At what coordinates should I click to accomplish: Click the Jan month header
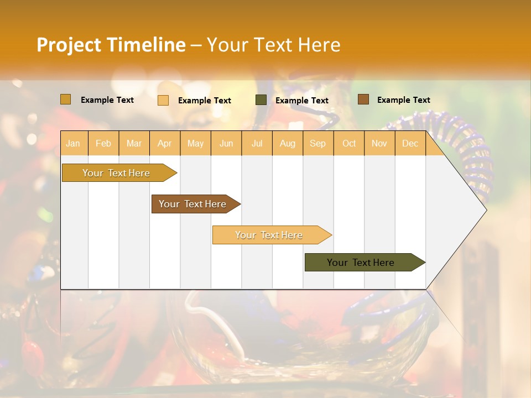click(73, 143)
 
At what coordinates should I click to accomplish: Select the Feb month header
click(103, 143)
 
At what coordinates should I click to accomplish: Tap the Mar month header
click(134, 143)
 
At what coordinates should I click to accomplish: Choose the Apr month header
click(165, 143)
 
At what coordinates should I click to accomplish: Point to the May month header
click(195, 143)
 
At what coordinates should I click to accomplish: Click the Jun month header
click(226, 143)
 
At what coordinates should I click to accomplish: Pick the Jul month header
click(257, 143)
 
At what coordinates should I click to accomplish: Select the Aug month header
click(288, 143)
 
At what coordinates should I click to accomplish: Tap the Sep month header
click(318, 143)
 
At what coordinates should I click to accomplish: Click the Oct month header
click(349, 143)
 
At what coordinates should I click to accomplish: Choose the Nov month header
click(379, 143)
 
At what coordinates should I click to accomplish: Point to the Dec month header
click(410, 143)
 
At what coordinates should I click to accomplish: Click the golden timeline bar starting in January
click(116, 173)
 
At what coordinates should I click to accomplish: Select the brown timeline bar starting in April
click(193, 204)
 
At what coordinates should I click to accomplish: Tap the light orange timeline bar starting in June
click(269, 235)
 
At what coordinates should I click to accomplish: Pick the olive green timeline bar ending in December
click(361, 263)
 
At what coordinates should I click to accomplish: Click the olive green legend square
click(261, 100)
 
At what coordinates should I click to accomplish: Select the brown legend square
click(363, 99)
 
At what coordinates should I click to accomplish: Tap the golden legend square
click(65, 99)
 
